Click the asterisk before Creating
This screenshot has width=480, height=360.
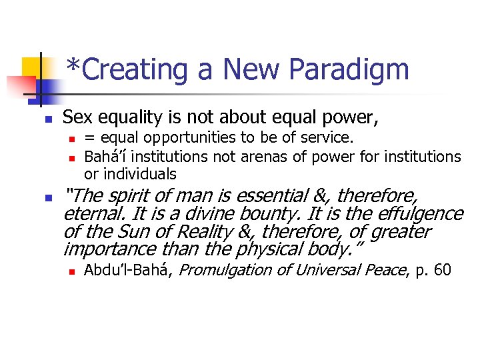tap(75, 65)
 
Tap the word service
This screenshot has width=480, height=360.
tap(330, 138)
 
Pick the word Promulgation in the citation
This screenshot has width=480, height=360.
tap(224, 271)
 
